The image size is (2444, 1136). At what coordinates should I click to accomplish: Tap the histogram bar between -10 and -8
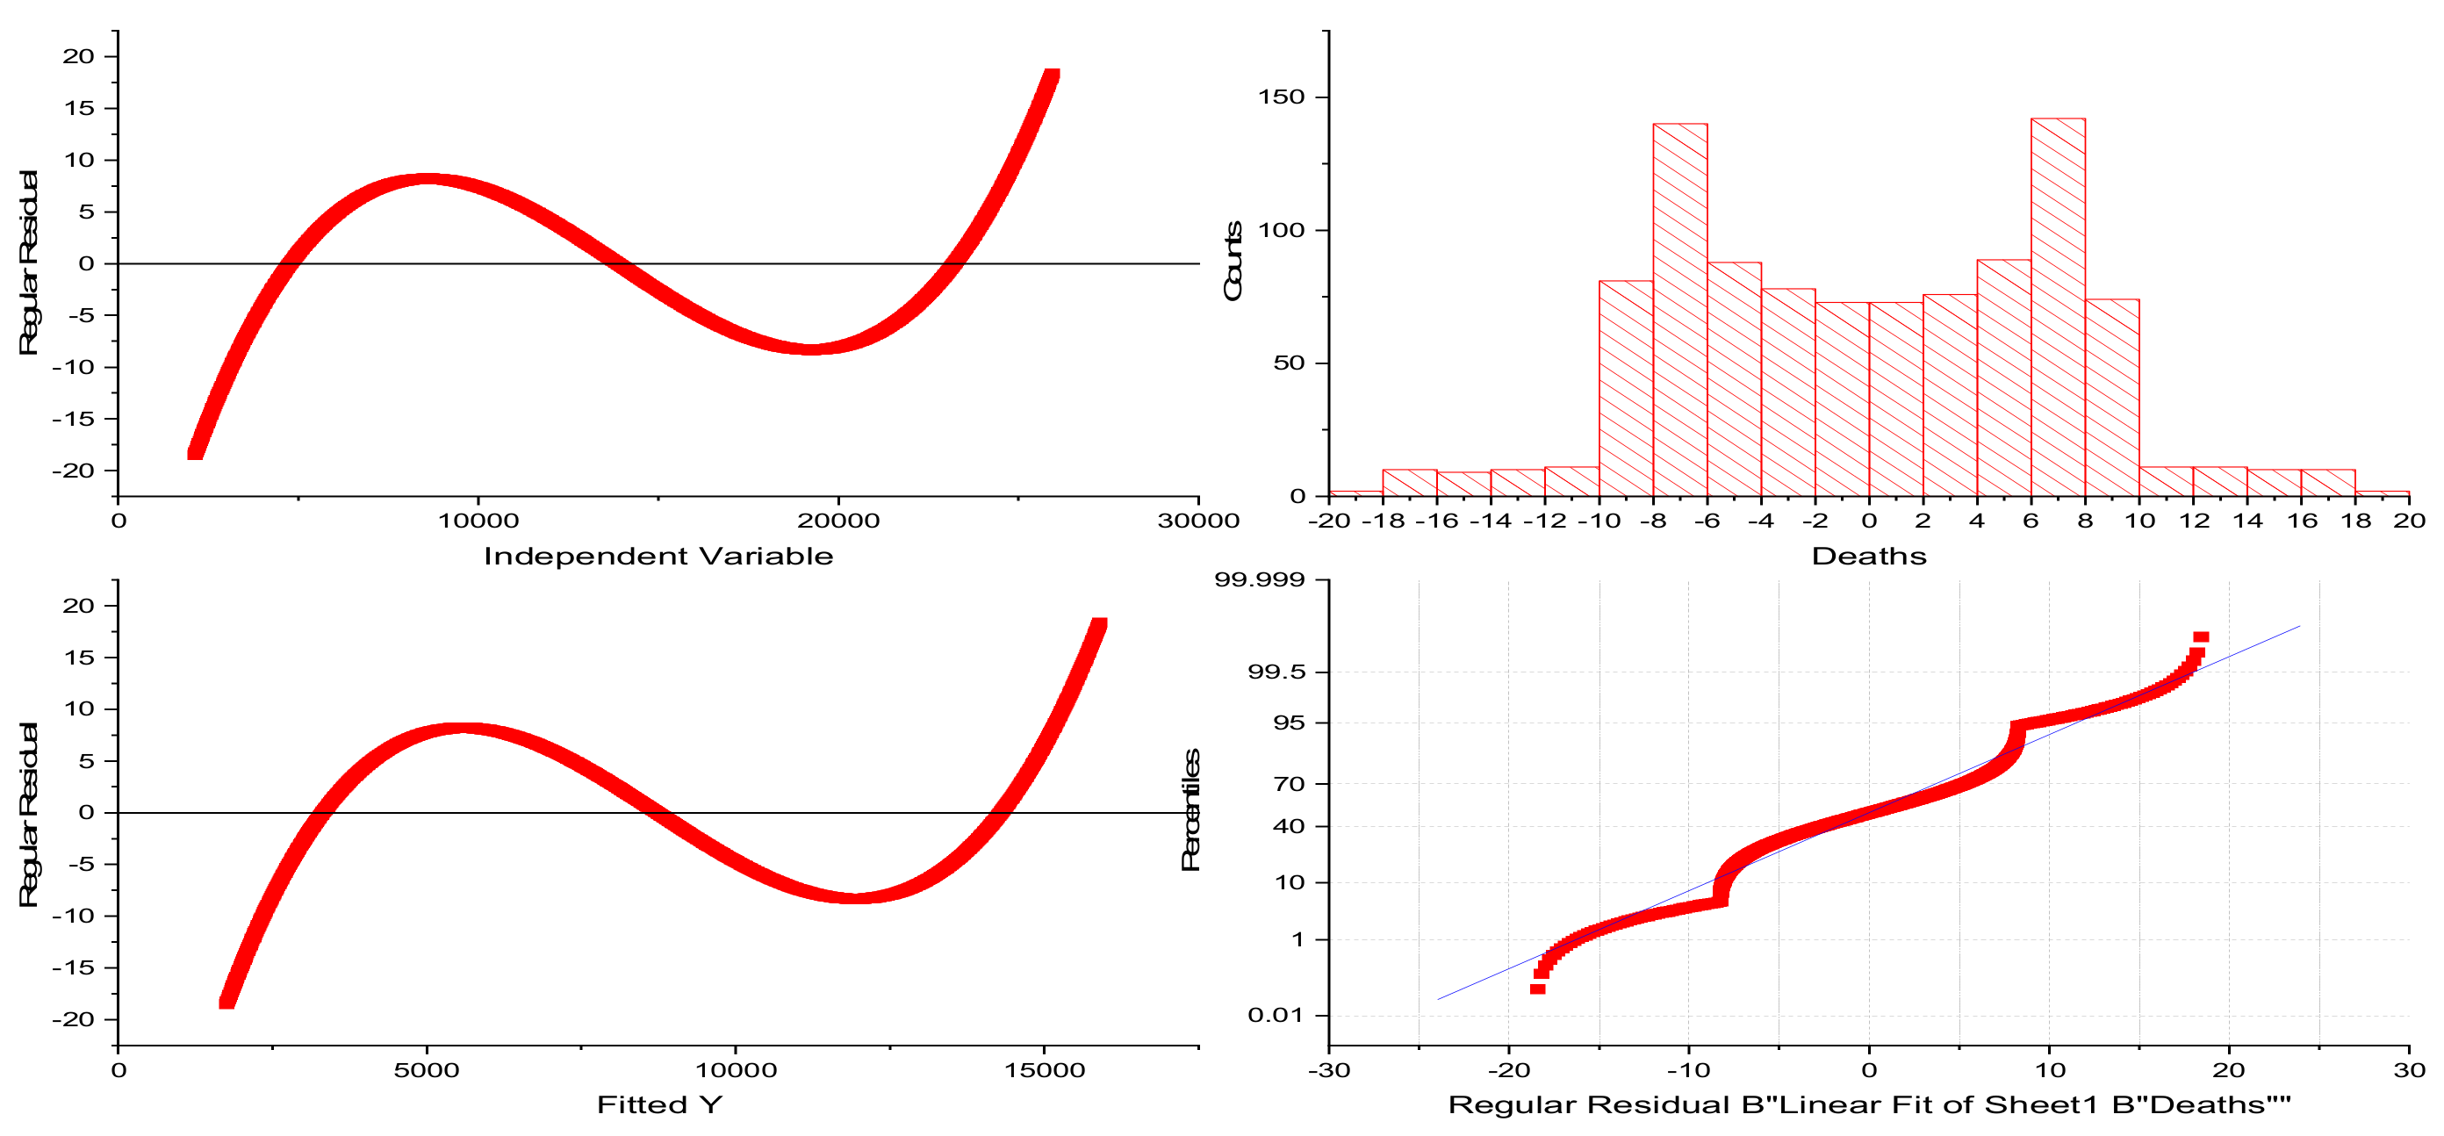(1625, 388)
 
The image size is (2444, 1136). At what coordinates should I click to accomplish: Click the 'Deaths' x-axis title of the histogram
(1868, 556)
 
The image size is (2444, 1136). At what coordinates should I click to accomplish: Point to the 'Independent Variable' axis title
(658, 556)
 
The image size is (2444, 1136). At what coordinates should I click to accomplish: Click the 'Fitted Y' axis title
(658, 1104)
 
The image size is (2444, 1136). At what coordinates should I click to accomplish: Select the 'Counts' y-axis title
(1233, 261)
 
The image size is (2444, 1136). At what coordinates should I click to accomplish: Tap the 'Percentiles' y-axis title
(1190, 809)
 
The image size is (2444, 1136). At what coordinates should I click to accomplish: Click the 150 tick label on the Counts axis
(1281, 97)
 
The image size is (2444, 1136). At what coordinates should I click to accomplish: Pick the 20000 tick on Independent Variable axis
(837, 520)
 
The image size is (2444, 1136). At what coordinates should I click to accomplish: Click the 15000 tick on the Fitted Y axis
(1044, 1070)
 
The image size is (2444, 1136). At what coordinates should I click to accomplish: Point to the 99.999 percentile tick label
(1259, 579)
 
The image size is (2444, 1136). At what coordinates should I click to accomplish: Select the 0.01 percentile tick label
(1276, 1015)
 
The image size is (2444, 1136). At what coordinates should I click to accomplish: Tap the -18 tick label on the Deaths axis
(1382, 520)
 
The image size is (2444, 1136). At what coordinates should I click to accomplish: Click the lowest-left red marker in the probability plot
(1537, 989)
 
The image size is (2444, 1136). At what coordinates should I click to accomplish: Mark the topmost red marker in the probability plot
(2200, 636)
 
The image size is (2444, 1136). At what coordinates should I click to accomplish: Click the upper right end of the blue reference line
(2299, 626)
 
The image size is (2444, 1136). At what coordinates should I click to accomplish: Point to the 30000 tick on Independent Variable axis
(1198, 520)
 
